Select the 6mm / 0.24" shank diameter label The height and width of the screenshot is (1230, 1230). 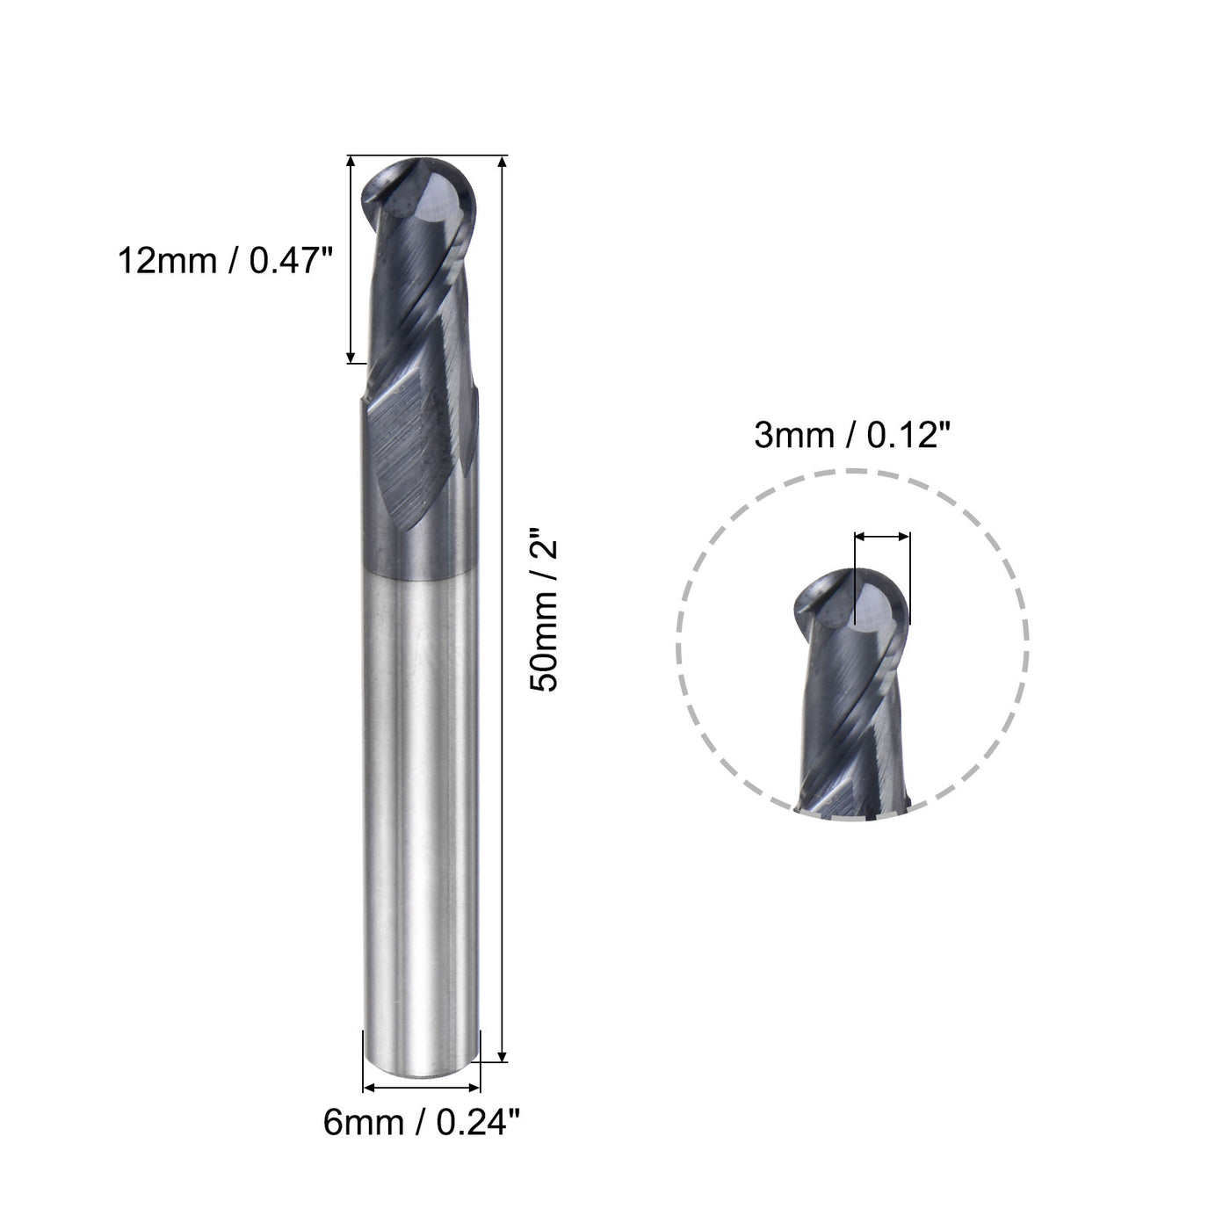(x=423, y=1122)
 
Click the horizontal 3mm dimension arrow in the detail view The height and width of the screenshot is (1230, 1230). (x=882, y=535)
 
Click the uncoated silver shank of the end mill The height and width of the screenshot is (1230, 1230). (x=423, y=791)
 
